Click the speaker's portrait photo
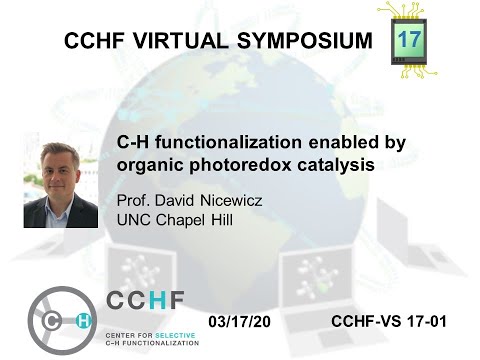click(60, 184)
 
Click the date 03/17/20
click(242, 320)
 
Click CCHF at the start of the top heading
click(95, 41)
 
